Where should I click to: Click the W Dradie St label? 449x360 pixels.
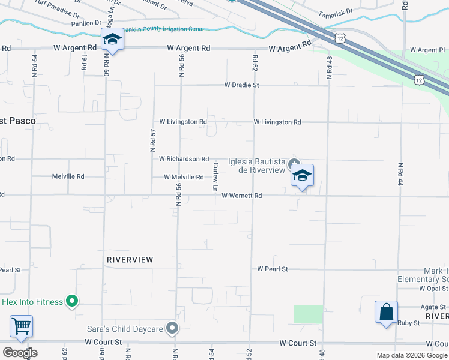coord(241,85)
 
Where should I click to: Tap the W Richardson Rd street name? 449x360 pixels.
coord(184,159)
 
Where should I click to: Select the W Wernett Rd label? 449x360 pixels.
coord(241,196)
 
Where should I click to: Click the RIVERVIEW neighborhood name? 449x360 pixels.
coord(130,260)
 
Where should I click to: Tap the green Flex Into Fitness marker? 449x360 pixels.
coord(72,301)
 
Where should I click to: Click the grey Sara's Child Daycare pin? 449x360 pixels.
coord(173,328)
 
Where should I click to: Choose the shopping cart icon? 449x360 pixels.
coord(21,326)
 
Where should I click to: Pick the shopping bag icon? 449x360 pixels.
coord(386,312)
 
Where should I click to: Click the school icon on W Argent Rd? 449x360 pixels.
coord(112,40)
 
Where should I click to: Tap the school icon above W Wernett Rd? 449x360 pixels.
coord(303,175)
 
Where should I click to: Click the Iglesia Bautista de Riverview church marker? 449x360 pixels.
coord(294,164)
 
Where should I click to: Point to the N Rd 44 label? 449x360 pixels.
coord(400,175)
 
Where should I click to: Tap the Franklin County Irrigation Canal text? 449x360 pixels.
coord(162,29)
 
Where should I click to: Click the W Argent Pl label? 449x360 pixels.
coord(426,50)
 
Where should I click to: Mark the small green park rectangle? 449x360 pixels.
coord(308,314)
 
